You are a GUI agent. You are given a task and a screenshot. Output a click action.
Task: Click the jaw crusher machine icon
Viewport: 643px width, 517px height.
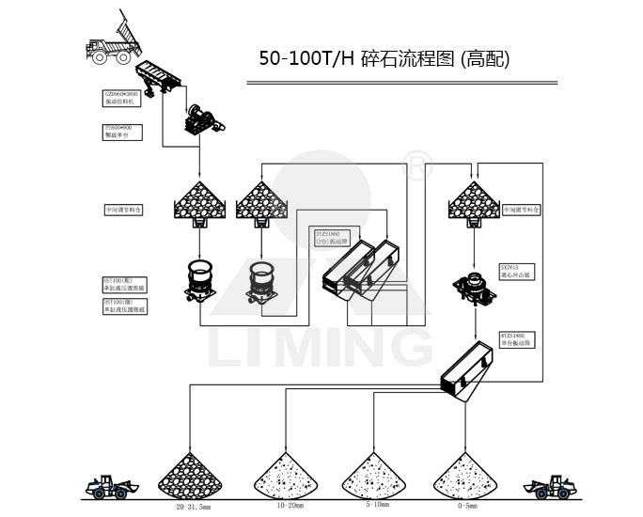click(x=202, y=120)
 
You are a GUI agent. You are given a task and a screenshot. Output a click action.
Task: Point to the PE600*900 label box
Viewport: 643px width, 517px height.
click(x=123, y=131)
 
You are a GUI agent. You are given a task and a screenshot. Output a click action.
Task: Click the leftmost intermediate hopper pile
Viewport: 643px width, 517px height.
click(x=199, y=200)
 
